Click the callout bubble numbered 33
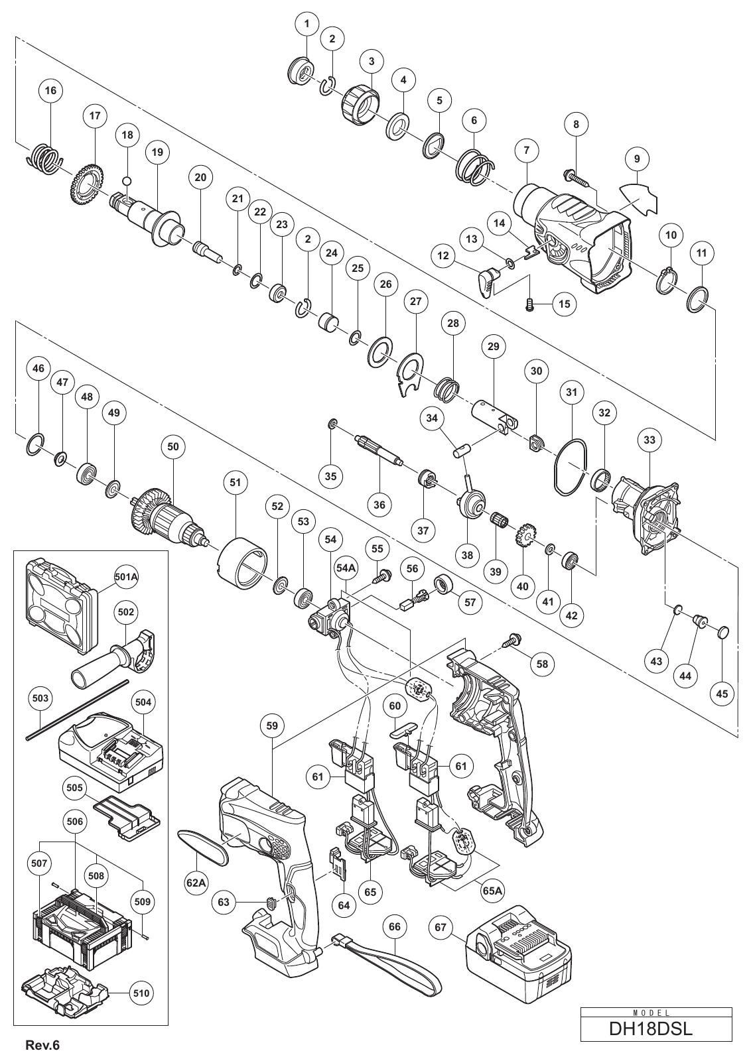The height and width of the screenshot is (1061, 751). pyautogui.click(x=649, y=440)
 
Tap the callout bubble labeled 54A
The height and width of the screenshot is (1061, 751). pyautogui.click(x=346, y=568)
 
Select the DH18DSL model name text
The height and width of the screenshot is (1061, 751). pyautogui.click(x=656, y=1027)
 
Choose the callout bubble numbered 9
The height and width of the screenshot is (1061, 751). pyautogui.click(x=637, y=159)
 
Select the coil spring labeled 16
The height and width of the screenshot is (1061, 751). pyautogui.click(x=43, y=157)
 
